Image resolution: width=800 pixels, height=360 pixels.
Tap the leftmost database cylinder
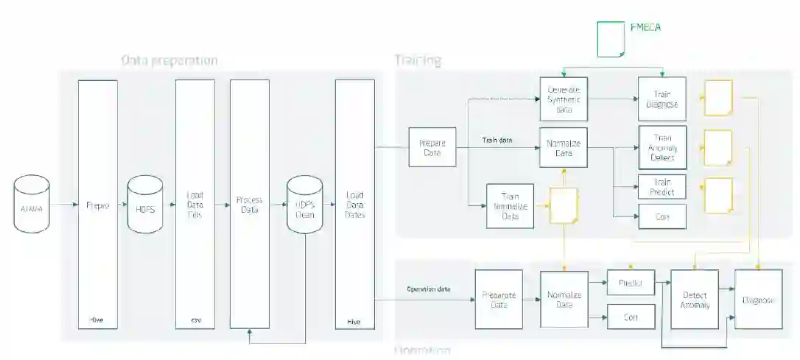tap(32, 204)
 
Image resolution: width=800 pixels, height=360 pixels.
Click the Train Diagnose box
tap(662, 99)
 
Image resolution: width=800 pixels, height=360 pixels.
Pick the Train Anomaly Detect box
tap(662, 147)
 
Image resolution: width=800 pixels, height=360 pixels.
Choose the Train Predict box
tap(662, 187)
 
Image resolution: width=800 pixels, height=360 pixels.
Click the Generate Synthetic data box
tap(564, 99)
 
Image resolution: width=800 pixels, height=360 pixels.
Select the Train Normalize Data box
tap(510, 206)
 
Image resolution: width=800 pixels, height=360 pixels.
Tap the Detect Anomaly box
tap(695, 298)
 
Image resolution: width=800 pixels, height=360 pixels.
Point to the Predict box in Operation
tap(631, 283)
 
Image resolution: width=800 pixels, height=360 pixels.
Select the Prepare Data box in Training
tap(432, 147)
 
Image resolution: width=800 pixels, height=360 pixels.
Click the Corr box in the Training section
tap(662, 216)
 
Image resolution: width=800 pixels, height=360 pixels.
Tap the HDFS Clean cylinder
tap(304, 205)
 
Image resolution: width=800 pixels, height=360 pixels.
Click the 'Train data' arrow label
tap(497, 139)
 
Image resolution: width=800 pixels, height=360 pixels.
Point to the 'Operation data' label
tap(429, 289)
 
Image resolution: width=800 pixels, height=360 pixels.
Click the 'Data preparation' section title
tap(169, 60)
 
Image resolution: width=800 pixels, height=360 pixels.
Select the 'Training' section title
tap(418, 60)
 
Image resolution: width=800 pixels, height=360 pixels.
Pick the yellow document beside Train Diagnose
tap(718, 98)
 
